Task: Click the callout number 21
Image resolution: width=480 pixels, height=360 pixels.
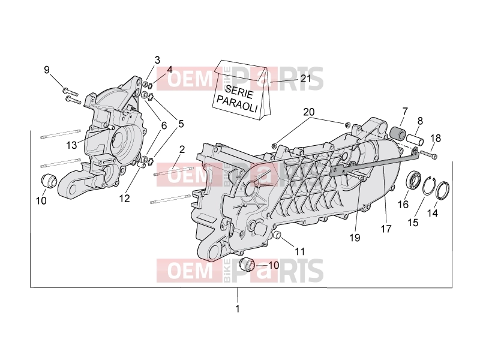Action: coord(305,79)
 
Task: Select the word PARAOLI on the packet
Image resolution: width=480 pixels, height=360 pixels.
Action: coord(236,104)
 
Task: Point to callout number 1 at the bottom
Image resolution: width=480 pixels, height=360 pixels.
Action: coord(237,308)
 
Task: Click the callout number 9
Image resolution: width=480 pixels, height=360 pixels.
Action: coord(47,70)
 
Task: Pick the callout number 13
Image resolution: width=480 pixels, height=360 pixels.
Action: coord(71,145)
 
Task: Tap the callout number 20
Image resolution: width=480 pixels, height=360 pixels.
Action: coord(309,112)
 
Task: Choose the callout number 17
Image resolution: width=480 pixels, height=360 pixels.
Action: coord(386,229)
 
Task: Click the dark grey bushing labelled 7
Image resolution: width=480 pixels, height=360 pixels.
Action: coord(397,133)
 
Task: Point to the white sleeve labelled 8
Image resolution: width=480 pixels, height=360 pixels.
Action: coord(415,140)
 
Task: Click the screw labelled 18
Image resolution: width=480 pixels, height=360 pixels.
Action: coord(428,154)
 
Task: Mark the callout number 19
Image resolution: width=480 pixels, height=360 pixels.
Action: coord(355,238)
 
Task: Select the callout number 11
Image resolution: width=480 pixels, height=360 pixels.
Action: coord(300,251)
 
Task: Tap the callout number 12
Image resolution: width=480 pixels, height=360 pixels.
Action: coord(124,199)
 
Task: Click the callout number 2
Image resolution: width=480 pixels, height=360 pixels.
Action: coord(182,149)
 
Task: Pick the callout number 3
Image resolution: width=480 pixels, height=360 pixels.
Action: coord(157,60)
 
